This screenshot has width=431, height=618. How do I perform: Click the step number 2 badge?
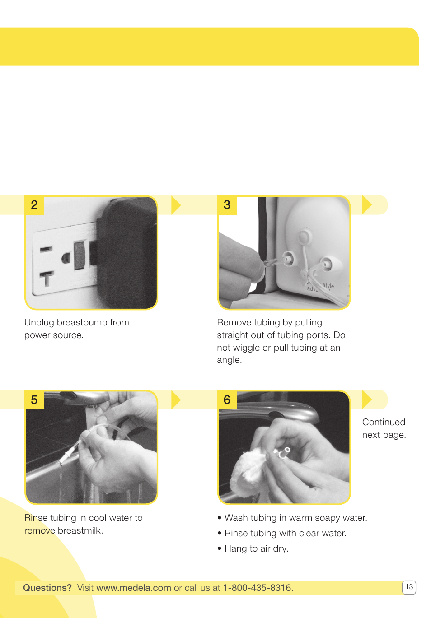click(34, 205)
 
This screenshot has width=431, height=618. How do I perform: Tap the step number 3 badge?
click(227, 205)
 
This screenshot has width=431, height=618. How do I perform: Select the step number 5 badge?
click(34, 400)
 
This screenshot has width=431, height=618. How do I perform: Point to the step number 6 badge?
click(227, 400)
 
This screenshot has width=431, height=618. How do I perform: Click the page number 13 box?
click(409, 587)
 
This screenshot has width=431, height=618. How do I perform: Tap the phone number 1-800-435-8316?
click(258, 588)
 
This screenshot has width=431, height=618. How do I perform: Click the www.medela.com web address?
click(134, 588)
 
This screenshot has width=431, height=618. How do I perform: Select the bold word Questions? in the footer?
click(47, 588)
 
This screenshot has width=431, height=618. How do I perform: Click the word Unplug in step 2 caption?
click(39, 323)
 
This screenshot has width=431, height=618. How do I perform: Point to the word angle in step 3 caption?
click(229, 360)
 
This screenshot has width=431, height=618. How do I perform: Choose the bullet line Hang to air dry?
click(256, 548)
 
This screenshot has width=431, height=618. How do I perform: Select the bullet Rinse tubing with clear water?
click(285, 533)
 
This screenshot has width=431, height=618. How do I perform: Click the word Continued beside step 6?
click(384, 422)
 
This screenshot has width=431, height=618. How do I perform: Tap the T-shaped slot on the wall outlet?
click(47, 278)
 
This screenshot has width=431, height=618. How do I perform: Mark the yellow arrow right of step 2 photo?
click(176, 205)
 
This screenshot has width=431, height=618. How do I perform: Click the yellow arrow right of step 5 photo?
click(176, 400)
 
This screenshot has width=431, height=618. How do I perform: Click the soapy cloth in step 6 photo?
click(248, 472)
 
